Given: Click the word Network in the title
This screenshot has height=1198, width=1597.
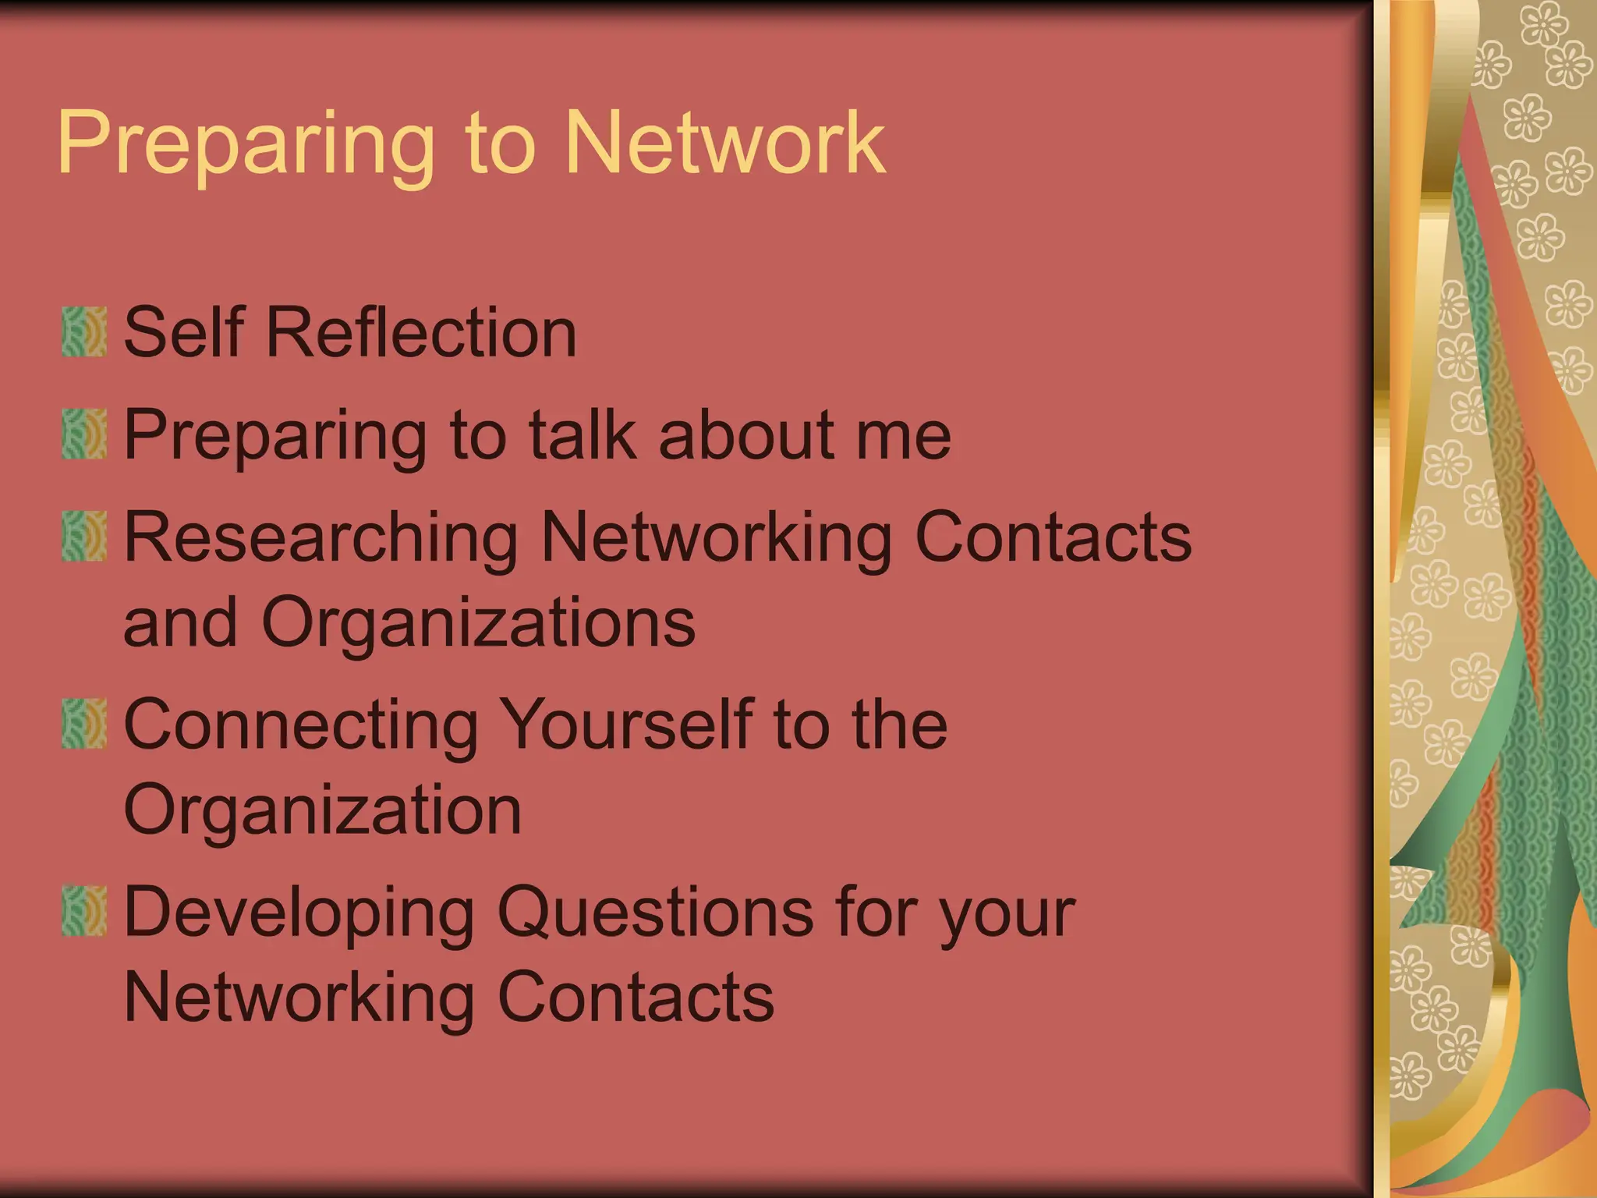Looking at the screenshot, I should pos(724,144).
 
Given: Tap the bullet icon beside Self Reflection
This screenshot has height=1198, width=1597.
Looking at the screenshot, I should pos(84,332).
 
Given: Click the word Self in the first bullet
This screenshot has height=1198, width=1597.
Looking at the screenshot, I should pos(184,332).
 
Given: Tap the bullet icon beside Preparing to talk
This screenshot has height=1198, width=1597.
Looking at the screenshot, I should pos(84,434).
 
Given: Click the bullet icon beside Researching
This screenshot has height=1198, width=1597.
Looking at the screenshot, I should pos(84,536).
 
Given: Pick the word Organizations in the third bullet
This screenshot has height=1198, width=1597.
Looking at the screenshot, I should pos(478,623).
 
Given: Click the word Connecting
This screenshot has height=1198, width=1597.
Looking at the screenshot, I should pos(301,725).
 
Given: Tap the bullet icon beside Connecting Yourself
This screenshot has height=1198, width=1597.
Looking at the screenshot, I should pos(84,724).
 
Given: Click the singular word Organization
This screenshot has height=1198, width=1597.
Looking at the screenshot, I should pos(322,811).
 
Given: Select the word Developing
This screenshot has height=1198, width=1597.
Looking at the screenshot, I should pos(299,913).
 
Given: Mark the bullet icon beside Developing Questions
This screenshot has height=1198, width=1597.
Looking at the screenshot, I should pos(84,910).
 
